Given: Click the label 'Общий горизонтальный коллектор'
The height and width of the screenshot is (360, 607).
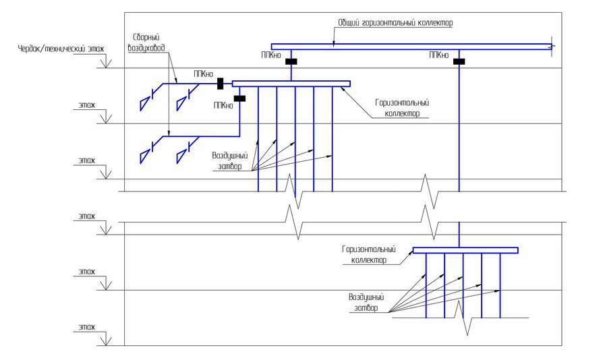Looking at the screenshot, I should [395, 23].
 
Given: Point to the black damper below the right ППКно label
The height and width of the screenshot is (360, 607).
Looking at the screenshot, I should [459, 62].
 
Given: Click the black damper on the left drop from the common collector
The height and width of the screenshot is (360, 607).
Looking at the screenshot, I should [291, 62].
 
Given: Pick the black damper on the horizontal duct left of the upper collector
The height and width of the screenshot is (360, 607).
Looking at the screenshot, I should [221, 84].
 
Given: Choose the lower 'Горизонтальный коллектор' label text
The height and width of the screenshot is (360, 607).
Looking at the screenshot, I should [368, 253].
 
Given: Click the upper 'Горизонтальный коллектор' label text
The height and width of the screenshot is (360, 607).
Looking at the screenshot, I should [403, 109].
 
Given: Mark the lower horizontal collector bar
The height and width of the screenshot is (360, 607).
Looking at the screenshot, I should [465, 250].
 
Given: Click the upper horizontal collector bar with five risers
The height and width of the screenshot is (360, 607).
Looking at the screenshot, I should [291, 84].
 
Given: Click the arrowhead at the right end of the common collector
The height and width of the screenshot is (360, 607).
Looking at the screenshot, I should [552, 46].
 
